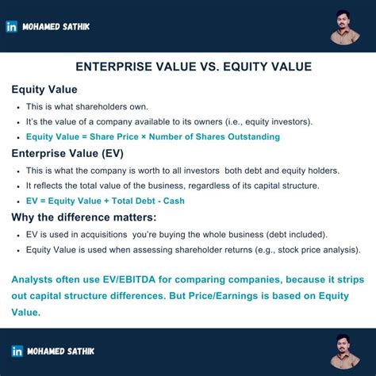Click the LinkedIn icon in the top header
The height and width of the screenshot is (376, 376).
[x=12, y=26]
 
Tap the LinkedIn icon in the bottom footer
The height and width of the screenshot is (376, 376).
[x=17, y=351]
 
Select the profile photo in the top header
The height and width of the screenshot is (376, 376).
[x=345, y=27]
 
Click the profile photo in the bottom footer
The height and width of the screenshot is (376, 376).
[x=347, y=350]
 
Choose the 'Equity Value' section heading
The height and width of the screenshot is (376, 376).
[x=44, y=90]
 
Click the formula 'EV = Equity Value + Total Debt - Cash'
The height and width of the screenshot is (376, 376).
[x=106, y=201]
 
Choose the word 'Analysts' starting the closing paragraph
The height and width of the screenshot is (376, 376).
[x=36, y=278]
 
